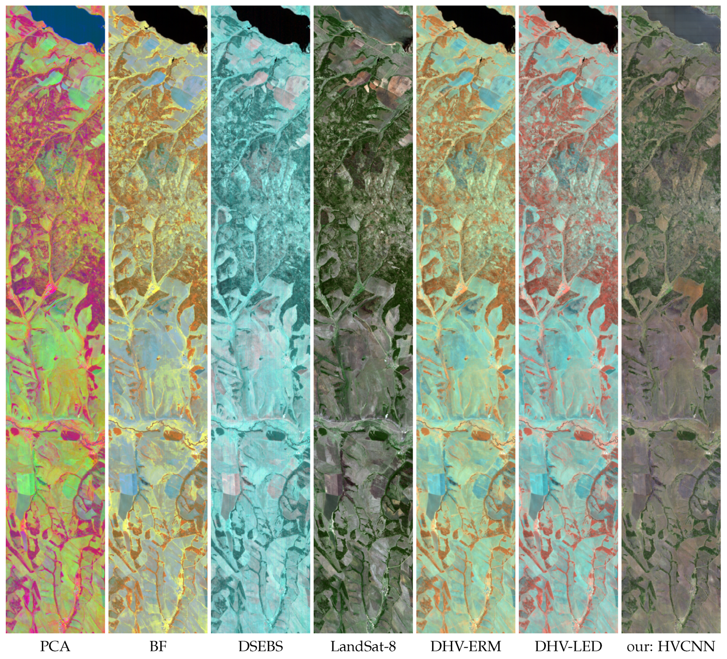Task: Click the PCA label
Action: (x=55, y=646)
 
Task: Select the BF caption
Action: (x=158, y=646)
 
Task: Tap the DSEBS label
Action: (x=260, y=646)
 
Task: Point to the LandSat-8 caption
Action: (x=363, y=646)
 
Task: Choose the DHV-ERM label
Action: (x=466, y=646)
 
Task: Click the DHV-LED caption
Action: (x=568, y=646)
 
